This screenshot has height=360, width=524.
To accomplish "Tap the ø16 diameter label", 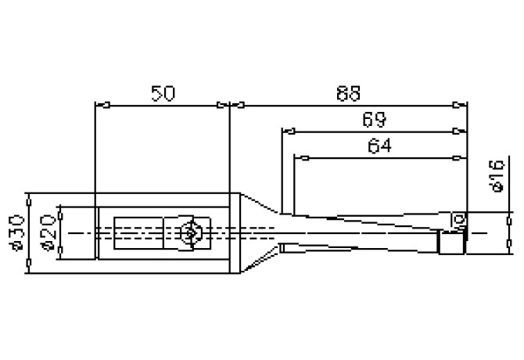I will tap(494, 176).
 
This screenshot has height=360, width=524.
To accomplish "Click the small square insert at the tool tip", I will tap(450, 244).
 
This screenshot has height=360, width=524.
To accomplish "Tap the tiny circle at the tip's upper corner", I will tap(460, 217).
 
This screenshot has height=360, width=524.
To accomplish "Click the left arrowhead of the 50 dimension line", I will tap(99, 104).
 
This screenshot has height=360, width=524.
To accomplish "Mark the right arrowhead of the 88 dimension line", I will tap(462, 104).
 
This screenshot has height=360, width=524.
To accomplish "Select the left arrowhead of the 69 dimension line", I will tap(286, 130).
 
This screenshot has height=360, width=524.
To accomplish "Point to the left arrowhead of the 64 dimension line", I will tap(298, 157).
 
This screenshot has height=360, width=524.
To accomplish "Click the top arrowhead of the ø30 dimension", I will tap(27, 196).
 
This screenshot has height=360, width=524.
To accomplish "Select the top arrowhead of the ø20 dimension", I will tap(57, 211).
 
